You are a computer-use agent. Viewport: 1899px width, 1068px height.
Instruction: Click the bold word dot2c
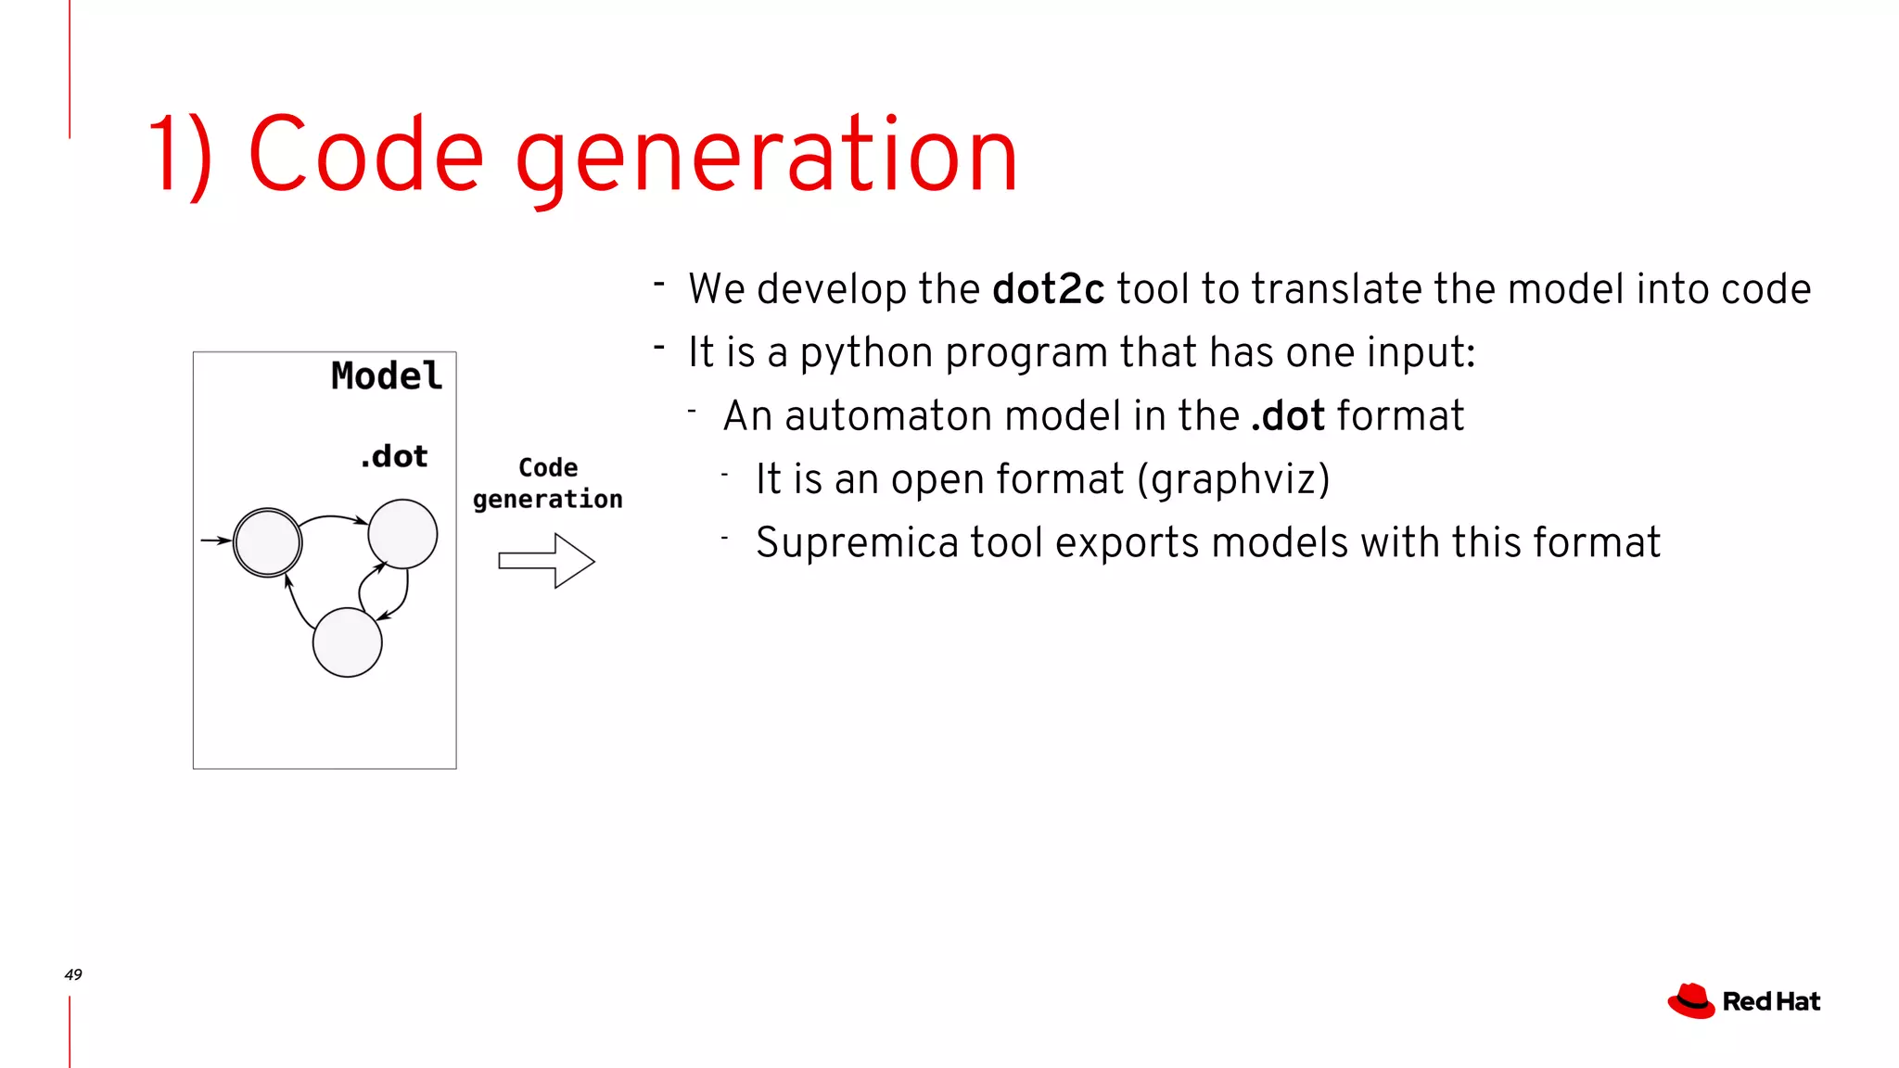1048,289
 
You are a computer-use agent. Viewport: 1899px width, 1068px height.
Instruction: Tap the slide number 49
73,974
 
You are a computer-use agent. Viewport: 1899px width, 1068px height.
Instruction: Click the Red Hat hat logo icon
1691,1001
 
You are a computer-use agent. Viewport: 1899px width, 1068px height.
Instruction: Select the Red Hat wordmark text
1771,1002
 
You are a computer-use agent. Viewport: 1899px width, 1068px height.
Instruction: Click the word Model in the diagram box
387,376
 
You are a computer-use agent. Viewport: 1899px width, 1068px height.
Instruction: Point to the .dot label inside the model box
394,456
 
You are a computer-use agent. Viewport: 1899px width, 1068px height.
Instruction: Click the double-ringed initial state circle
267,542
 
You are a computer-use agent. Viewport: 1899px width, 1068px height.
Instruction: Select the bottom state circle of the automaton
347,642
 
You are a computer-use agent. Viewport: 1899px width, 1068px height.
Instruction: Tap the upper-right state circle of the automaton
402,534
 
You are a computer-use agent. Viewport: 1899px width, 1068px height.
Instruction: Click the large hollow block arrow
546,560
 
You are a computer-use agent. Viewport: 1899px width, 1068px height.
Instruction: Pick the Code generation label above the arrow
547,483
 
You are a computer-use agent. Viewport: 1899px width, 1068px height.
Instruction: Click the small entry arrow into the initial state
215,540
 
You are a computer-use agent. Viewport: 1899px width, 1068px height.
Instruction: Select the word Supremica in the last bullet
857,543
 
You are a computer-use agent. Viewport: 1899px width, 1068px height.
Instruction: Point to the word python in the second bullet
866,353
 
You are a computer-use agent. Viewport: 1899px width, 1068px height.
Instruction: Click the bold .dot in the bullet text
1288,416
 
